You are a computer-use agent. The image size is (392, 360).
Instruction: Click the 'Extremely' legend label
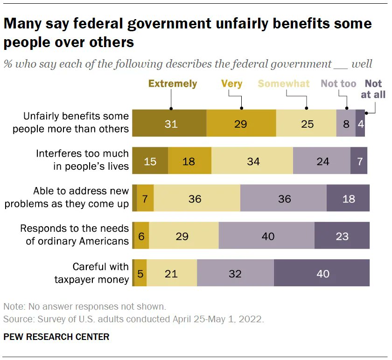(x=173, y=84)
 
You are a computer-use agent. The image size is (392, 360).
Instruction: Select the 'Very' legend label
(x=231, y=84)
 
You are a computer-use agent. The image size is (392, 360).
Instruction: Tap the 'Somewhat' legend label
(x=284, y=84)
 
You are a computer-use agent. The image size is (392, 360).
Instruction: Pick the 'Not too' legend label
(x=338, y=84)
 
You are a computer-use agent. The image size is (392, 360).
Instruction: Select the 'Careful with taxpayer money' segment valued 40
(x=322, y=274)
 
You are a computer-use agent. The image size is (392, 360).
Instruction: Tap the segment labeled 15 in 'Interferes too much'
(x=150, y=161)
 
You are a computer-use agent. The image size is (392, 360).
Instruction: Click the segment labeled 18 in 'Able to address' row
(x=348, y=199)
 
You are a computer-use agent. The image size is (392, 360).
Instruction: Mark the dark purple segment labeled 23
(x=342, y=236)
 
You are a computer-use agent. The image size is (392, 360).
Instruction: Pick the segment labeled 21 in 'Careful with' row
(x=172, y=274)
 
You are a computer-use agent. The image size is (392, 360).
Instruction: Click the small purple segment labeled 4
(x=360, y=124)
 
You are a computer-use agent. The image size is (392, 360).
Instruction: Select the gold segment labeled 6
(x=141, y=236)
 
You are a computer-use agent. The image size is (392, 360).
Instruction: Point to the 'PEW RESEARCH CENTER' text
(x=56, y=337)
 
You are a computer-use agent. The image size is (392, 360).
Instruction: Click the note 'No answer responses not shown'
(x=84, y=307)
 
